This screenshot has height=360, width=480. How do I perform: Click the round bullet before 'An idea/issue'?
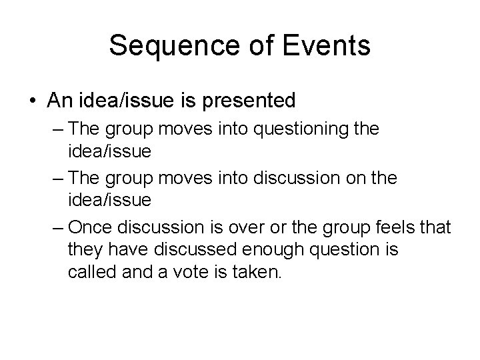pyautogui.click(x=33, y=101)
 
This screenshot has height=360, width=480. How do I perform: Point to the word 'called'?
pyautogui.click(x=89, y=273)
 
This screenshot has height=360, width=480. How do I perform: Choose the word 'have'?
pyautogui.click(x=123, y=251)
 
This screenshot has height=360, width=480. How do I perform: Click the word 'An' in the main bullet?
pyautogui.click(x=58, y=101)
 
